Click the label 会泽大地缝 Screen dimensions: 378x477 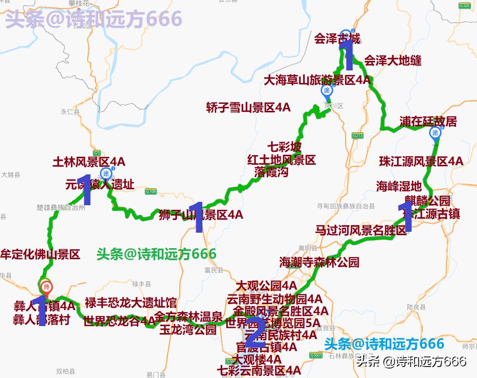[393, 61]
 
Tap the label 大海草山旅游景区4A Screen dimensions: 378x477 [318, 80]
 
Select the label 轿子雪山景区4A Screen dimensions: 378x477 [248, 107]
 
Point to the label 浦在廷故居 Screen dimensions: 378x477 [428, 121]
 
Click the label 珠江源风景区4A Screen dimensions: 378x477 [421, 161]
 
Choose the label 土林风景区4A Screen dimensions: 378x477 [89, 162]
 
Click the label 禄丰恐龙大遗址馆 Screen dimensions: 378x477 [130, 303]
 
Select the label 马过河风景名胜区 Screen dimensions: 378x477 [361, 230]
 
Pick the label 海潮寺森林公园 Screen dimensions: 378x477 [319, 262]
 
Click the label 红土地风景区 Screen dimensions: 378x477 [282, 160]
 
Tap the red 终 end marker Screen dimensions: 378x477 [46, 287]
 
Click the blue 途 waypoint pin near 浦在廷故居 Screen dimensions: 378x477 [435, 133]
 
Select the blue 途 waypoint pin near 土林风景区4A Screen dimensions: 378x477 [106, 174]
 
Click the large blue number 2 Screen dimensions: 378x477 [255, 330]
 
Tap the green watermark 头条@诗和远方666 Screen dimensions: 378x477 [156, 254]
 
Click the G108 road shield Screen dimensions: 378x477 [151, 191]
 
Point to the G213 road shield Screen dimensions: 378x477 [357, 135]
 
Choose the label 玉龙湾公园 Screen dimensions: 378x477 [188, 330]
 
